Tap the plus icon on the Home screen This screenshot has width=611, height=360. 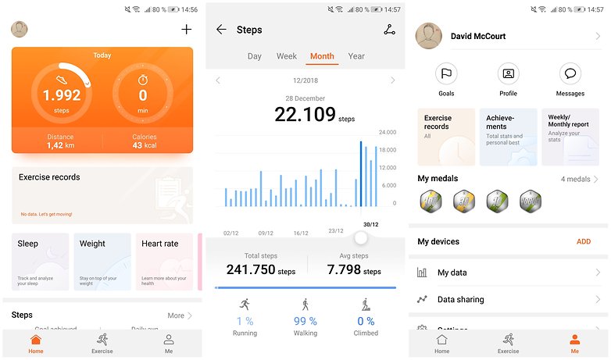(x=186, y=30)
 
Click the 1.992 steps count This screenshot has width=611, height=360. (x=62, y=95)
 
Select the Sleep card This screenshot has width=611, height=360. (x=41, y=262)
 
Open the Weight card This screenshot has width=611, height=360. (x=102, y=262)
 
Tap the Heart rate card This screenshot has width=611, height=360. (x=164, y=262)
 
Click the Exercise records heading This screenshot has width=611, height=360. (x=49, y=177)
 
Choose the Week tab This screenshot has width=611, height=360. (x=287, y=56)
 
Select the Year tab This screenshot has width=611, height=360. (x=356, y=56)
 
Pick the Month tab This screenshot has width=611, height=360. (x=322, y=56)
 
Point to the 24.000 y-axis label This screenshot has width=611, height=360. (x=388, y=132)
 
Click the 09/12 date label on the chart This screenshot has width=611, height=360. (x=266, y=232)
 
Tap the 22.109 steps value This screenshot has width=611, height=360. (x=305, y=115)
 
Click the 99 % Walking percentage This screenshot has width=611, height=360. (x=305, y=321)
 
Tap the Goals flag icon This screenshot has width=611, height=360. (x=446, y=74)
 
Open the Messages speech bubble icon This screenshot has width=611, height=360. (x=570, y=74)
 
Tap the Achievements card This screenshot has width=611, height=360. (x=508, y=137)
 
